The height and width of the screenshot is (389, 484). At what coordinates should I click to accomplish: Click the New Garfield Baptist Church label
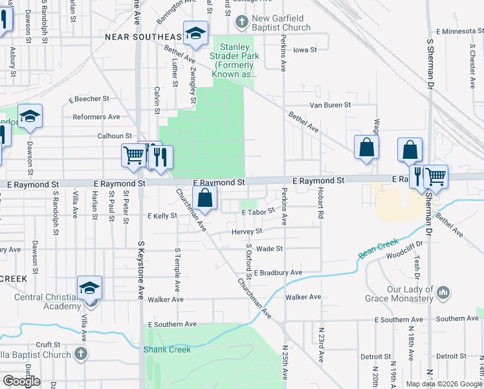coord(281,23)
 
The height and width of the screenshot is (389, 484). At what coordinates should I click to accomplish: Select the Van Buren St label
coord(330,104)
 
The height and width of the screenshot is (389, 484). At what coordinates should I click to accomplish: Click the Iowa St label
coord(305,50)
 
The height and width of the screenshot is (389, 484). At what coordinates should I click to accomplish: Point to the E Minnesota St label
coord(460,30)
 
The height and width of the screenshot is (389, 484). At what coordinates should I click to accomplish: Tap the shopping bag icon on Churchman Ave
coord(204,199)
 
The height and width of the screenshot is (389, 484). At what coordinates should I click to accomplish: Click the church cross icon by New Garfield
coord(241,23)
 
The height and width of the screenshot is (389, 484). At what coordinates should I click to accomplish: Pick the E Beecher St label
coord(89,99)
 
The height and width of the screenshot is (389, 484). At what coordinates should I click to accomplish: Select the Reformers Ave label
coord(96,117)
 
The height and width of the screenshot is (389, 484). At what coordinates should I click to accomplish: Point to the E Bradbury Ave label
coord(278,273)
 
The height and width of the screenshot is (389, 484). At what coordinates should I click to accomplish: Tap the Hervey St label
coord(247,231)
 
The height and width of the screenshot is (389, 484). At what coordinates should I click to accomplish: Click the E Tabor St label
coord(258,212)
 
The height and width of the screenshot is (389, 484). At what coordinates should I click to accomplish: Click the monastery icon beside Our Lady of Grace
coord(443,293)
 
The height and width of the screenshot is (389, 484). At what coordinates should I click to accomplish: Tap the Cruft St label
coord(48,345)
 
